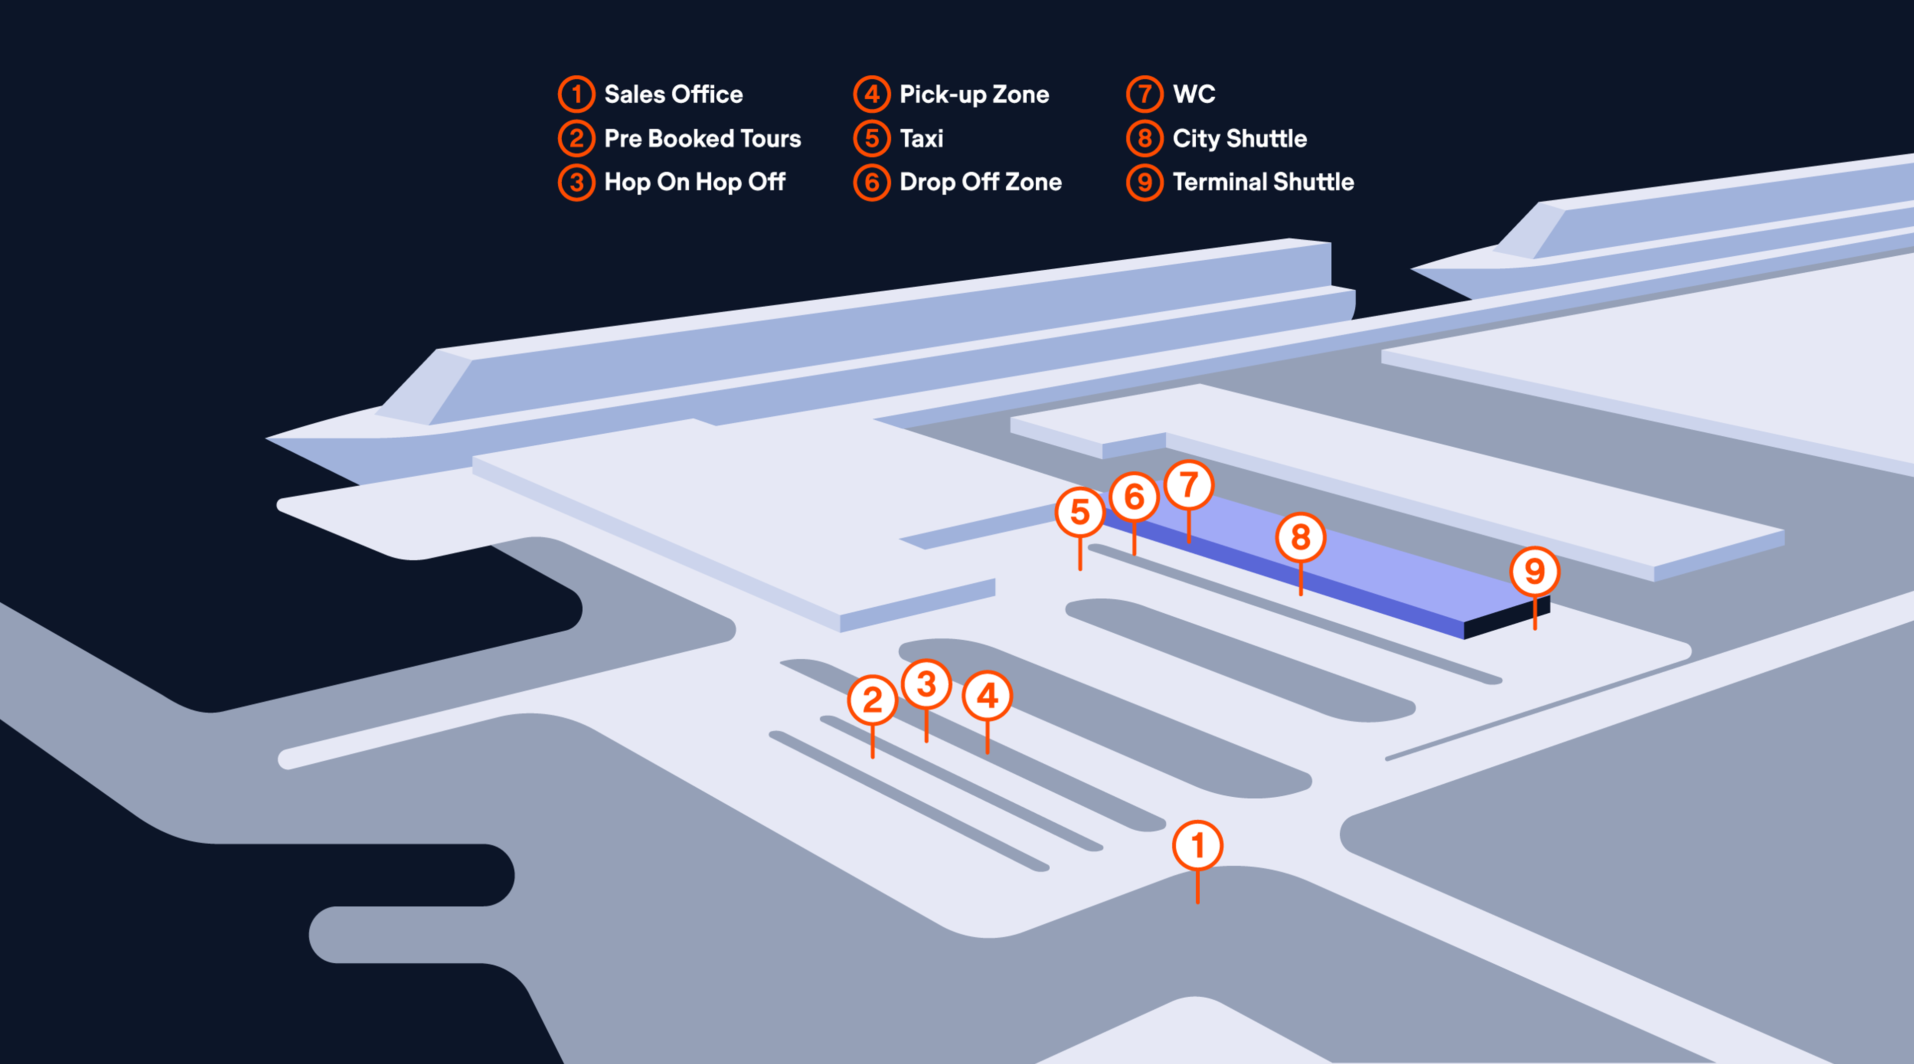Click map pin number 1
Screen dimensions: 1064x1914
(x=1197, y=846)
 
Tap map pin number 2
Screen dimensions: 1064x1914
(x=872, y=700)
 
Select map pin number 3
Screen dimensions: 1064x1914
(x=926, y=684)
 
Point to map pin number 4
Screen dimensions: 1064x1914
(x=987, y=696)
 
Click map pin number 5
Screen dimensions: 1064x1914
(x=1080, y=512)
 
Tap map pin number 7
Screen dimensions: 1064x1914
(x=1189, y=485)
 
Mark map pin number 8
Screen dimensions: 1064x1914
(x=1300, y=537)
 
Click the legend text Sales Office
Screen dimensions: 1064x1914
(x=673, y=94)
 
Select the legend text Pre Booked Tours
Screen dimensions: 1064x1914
(x=702, y=138)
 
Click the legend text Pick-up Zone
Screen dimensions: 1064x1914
(x=974, y=94)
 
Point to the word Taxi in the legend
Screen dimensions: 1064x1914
(x=921, y=138)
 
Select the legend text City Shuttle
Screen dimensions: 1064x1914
(x=1239, y=138)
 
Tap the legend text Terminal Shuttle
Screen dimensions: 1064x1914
(x=1263, y=182)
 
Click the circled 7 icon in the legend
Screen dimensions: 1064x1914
(x=1144, y=94)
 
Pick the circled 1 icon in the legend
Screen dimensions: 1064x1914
(x=577, y=94)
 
